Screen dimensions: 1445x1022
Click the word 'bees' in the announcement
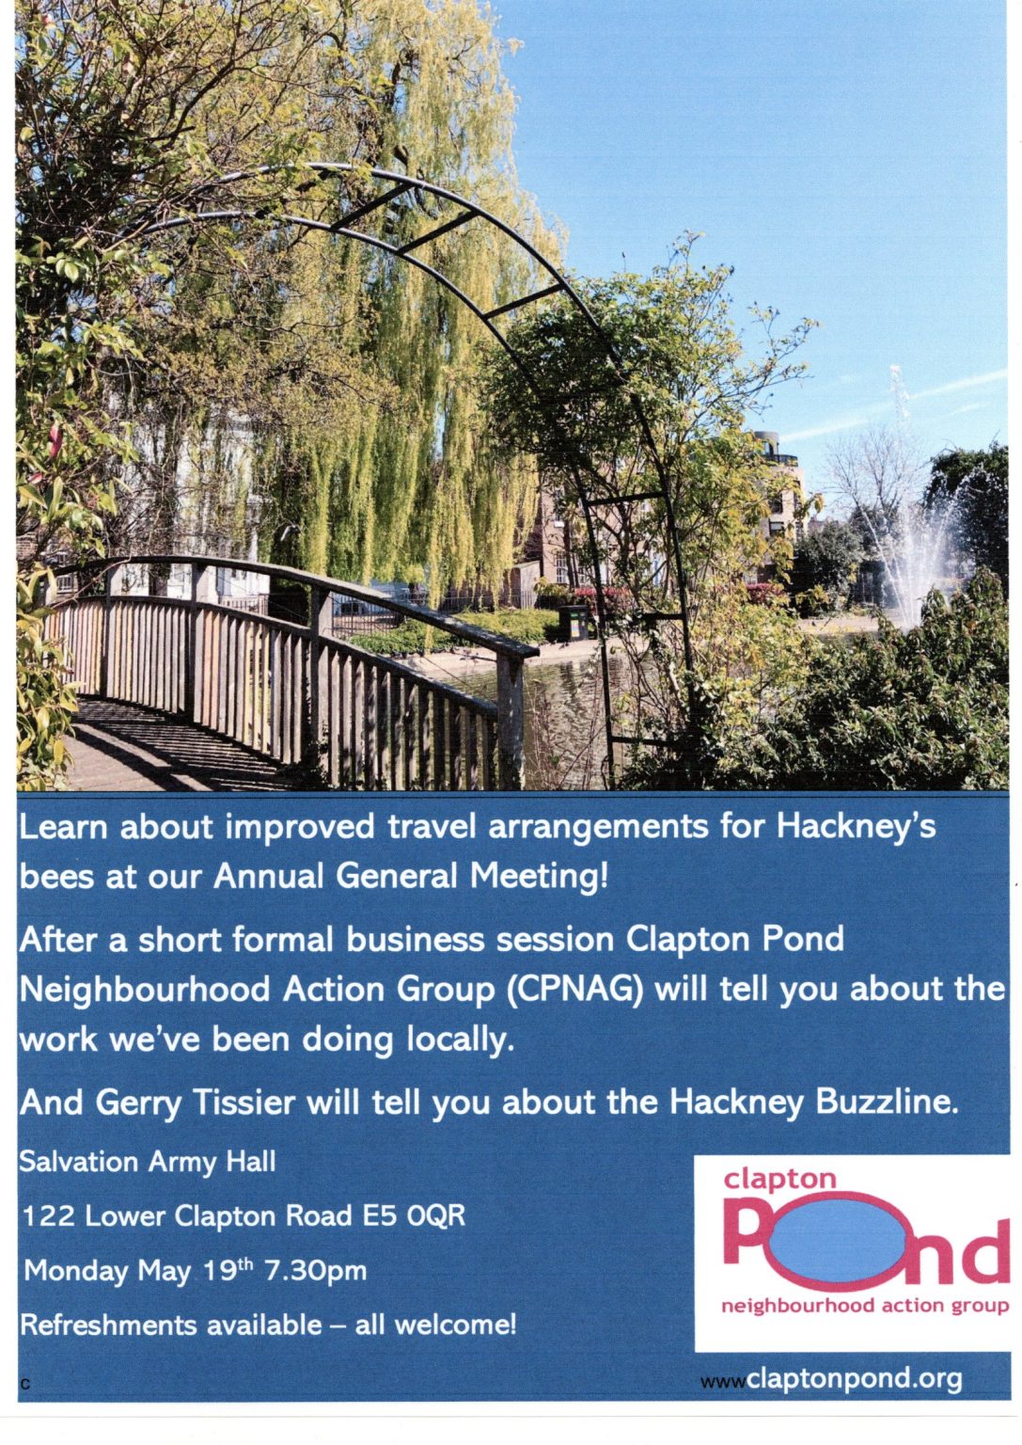55,876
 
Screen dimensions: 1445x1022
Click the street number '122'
48,1216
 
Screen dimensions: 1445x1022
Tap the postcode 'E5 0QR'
415,1216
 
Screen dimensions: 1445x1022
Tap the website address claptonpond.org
854,1379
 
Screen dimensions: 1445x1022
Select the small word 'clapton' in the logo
778,1179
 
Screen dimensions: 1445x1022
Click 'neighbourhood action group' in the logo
864,1306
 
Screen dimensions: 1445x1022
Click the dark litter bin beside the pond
574,623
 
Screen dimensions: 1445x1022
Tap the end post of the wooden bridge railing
511,715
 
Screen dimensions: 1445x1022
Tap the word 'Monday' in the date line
76,1271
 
